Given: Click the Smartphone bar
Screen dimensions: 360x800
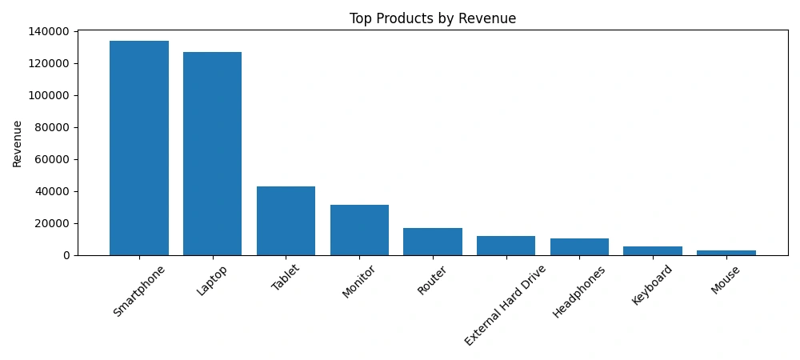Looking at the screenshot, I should (x=139, y=148).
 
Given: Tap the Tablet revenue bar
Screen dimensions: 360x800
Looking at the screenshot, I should (x=286, y=221).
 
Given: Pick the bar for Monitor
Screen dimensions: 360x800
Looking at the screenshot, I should (x=359, y=230).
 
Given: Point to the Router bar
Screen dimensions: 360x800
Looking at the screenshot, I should (x=433, y=242).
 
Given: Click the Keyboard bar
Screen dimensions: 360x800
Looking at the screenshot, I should (x=653, y=250).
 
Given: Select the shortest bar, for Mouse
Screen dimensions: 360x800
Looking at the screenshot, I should (x=726, y=253).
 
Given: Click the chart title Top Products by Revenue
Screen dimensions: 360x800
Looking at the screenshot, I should (x=433, y=18).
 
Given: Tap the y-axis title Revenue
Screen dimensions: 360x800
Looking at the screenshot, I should (x=17, y=143).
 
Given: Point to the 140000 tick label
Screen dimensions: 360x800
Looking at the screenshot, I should (x=49, y=31).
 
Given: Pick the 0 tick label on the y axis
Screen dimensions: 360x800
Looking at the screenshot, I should (x=68, y=255).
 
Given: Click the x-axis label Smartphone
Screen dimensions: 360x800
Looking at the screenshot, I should (x=140, y=291).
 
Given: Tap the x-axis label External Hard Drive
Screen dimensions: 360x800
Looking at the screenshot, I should (x=506, y=305).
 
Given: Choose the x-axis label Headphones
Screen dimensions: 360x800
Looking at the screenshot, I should (x=580, y=292).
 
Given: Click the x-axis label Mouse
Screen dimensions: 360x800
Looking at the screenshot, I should (x=726, y=280).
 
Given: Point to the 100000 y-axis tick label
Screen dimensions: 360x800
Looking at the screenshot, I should (x=49, y=95).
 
